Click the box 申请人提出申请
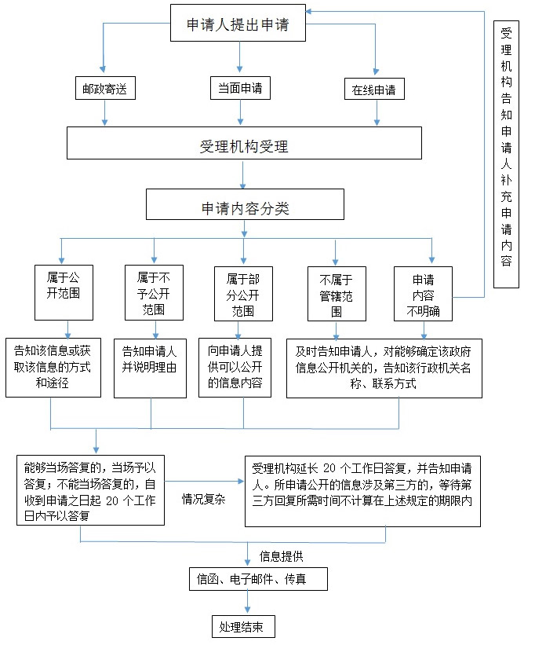pyautogui.click(x=238, y=24)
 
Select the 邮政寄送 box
pyautogui.click(x=104, y=89)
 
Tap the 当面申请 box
pyautogui.click(x=239, y=89)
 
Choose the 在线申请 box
pyautogui.click(x=374, y=90)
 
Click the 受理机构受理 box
pyautogui.click(x=245, y=145)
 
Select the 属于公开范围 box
pyautogui.click(x=64, y=292)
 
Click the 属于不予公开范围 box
pyautogui.click(x=153, y=292)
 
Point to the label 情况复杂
pyautogui.click(x=203, y=500)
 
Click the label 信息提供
pyautogui.click(x=282, y=557)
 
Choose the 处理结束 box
pyautogui.click(x=244, y=627)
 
